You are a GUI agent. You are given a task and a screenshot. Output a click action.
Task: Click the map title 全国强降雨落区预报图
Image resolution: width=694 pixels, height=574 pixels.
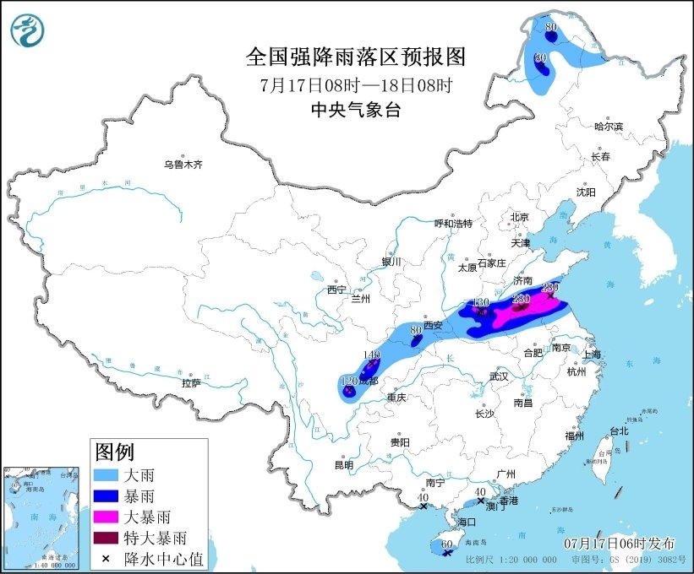356,57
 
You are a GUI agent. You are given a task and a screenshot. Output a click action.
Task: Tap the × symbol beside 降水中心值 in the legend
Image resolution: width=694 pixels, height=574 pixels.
107,557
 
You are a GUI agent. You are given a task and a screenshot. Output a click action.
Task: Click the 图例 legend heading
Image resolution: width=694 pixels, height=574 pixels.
114,452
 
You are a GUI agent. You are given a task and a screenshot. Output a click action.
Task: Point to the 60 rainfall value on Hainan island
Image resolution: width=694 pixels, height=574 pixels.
446,545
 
